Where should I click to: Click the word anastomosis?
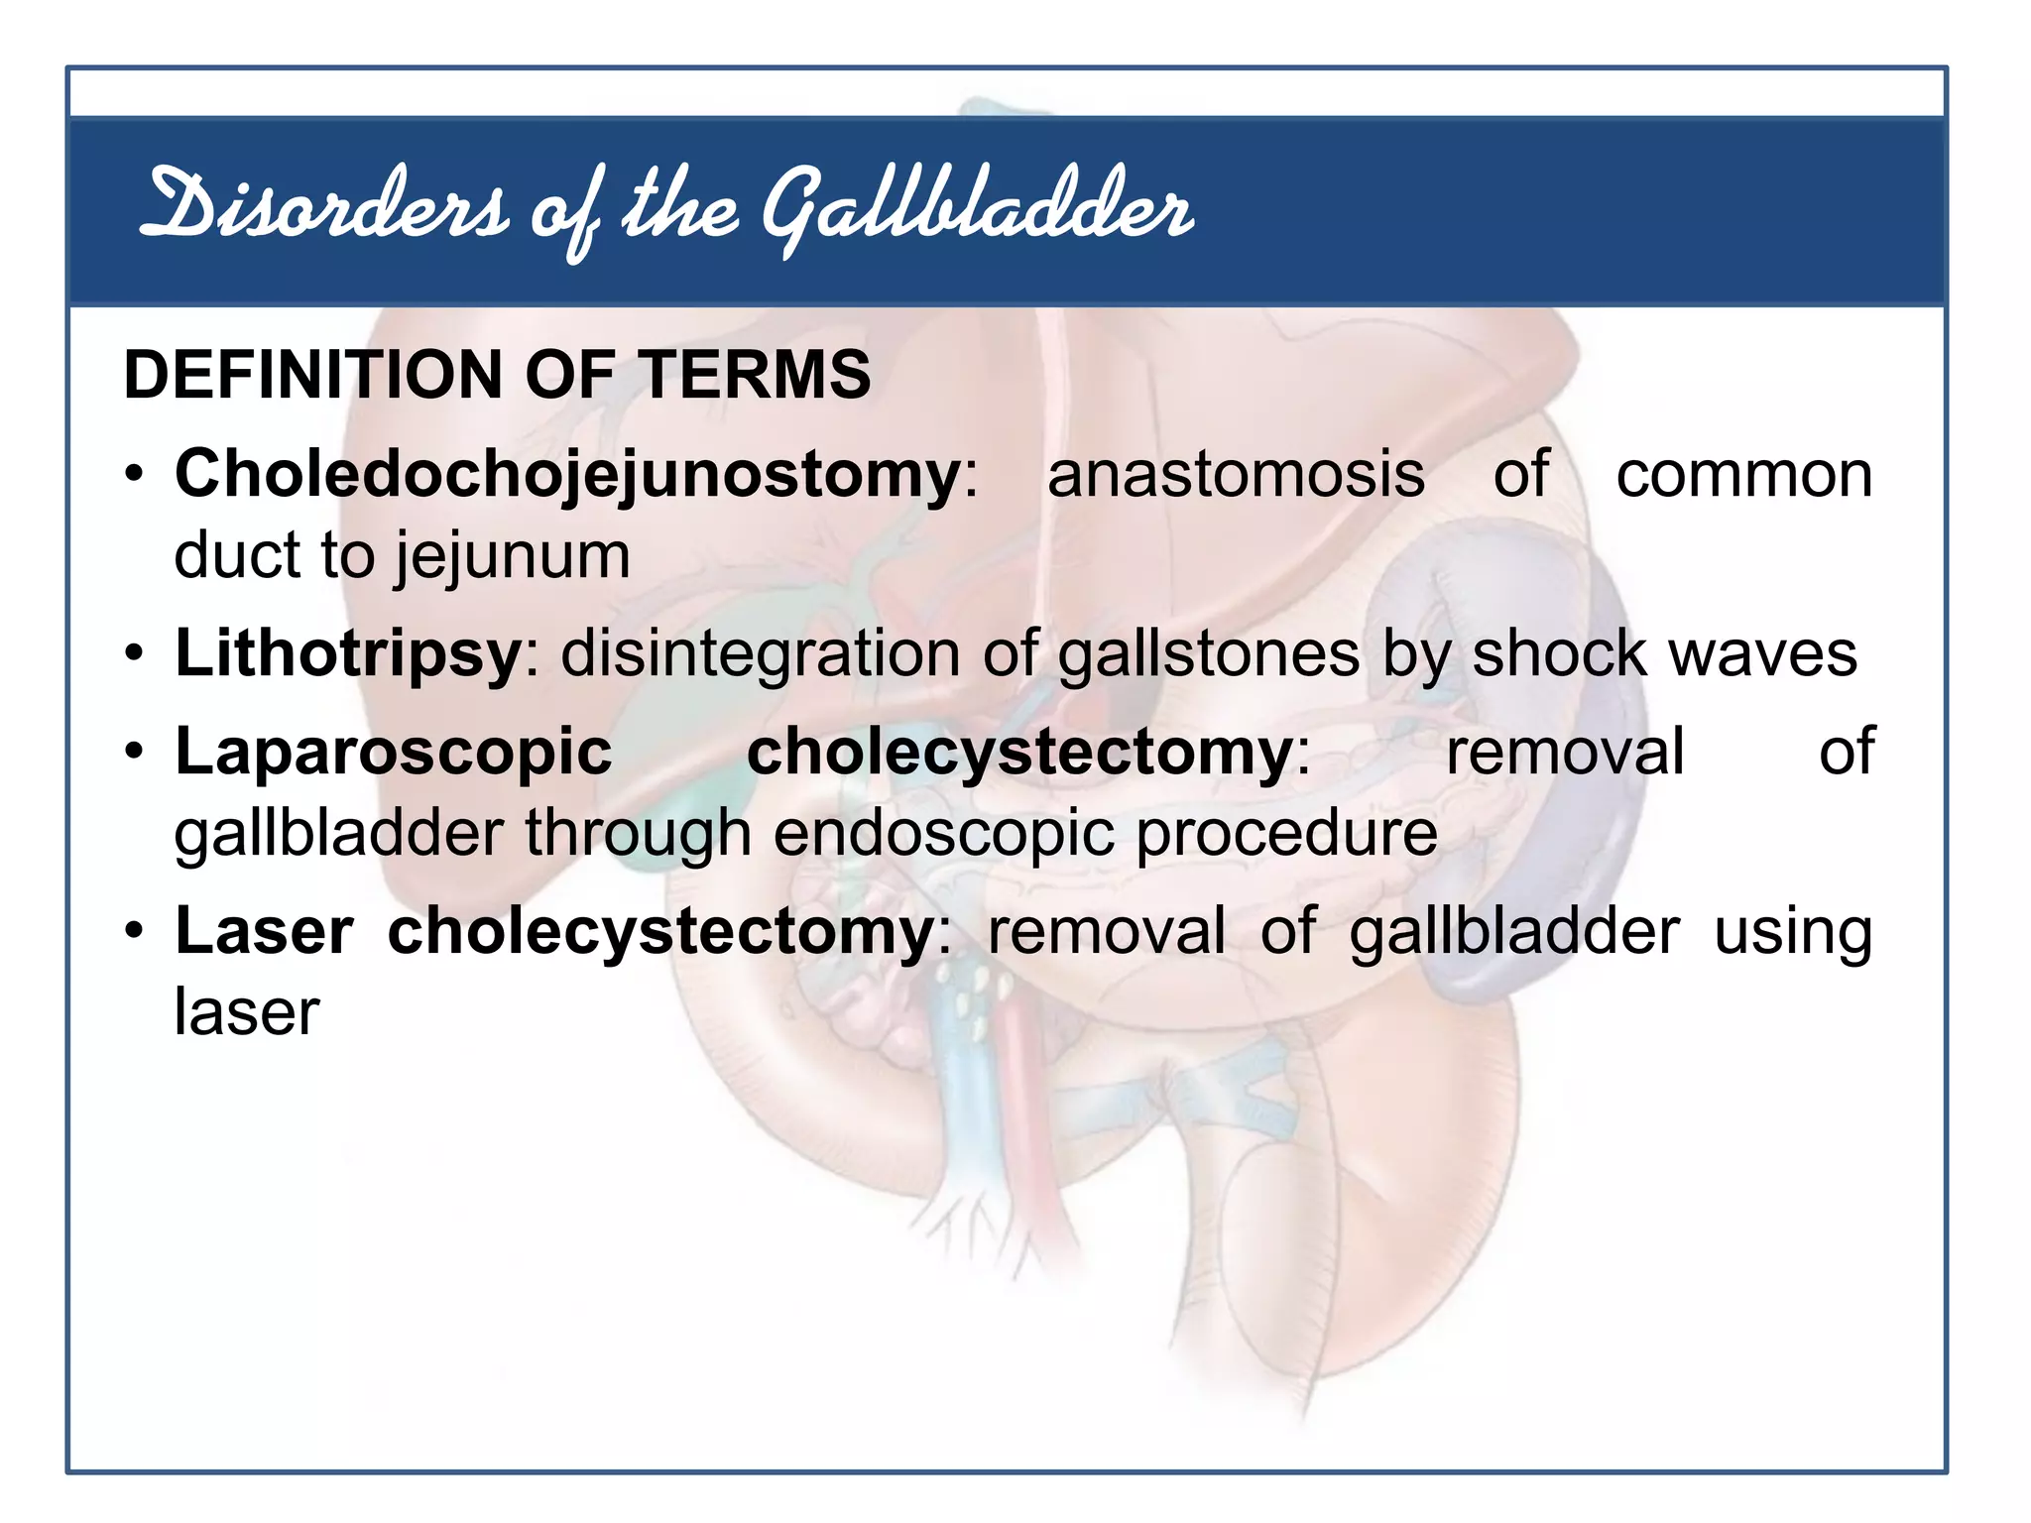point(1236,474)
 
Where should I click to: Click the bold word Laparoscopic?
point(394,752)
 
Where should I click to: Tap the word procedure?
point(1286,833)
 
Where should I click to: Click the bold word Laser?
point(264,932)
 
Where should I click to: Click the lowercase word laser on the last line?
point(247,1013)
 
